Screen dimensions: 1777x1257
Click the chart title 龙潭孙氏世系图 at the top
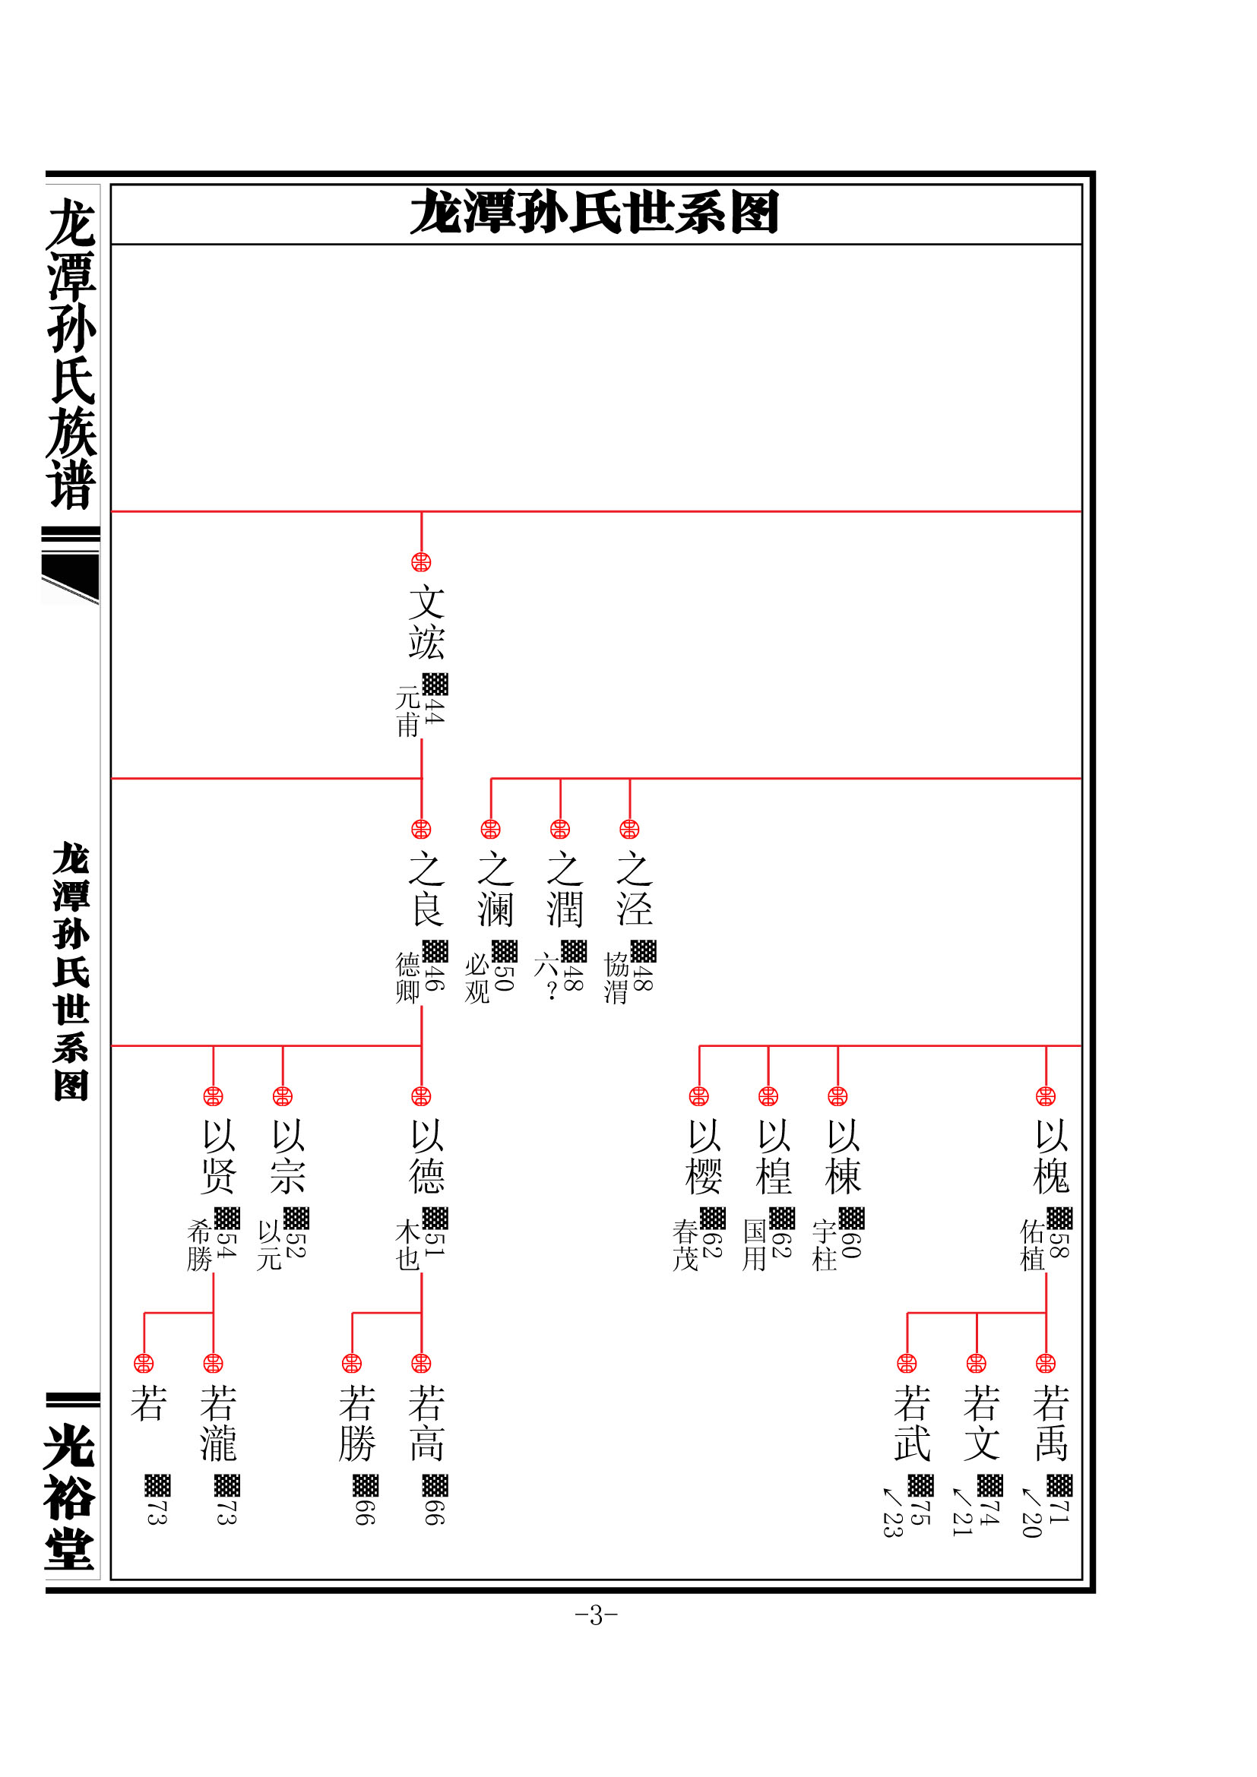[594, 213]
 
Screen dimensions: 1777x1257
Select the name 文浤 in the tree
[426, 623]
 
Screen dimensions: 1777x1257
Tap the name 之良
[426, 890]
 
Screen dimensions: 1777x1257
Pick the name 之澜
[496, 890]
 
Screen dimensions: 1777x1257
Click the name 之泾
[635, 890]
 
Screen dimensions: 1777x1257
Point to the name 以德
[426, 1157]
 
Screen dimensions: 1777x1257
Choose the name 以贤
[218, 1157]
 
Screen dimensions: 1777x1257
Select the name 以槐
[1051, 1157]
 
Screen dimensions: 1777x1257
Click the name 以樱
[704, 1157]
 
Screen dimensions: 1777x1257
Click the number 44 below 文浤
[434, 711]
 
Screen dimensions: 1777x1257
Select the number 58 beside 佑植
[1059, 1245]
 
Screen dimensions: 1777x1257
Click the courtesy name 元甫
[408, 711]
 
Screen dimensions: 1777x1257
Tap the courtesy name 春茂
[685, 1245]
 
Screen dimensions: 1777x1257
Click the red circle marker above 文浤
[421, 563]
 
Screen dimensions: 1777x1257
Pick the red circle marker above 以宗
[283, 1097]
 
